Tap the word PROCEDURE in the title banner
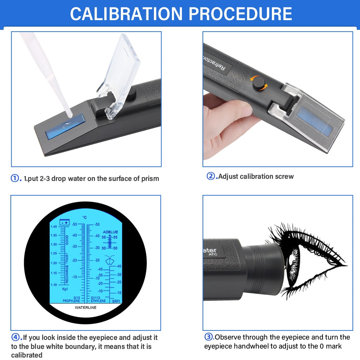pyautogui.click(x=240, y=14)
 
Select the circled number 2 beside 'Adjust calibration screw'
pyautogui.click(x=210, y=176)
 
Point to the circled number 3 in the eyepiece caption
pyautogui.click(x=209, y=337)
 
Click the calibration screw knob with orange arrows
pyautogui.click(x=258, y=83)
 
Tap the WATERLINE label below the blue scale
pyautogui.click(x=85, y=308)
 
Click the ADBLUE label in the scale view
pyautogui.click(x=110, y=232)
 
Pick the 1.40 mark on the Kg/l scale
pyautogui.click(x=54, y=227)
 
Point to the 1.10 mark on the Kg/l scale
pyautogui.click(x=54, y=284)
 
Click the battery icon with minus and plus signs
pyautogui.click(x=65, y=223)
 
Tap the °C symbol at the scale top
pyautogui.click(x=85, y=217)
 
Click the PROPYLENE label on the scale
pyautogui.click(x=71, y=301)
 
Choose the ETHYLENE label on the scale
pyautogui.click(x=98, y=301)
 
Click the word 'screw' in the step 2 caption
pyautogui.click(x=285, y=176)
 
